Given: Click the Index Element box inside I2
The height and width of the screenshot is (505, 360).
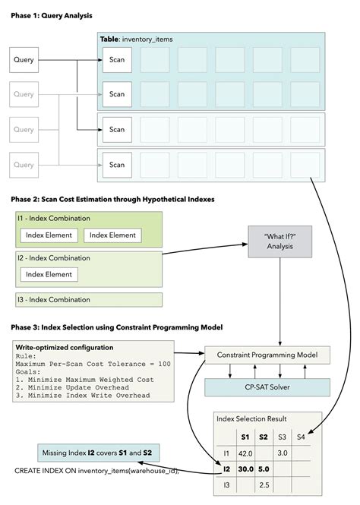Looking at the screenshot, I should click(x=48, y=273).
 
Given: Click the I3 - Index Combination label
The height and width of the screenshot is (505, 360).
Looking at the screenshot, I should click(x=53, y=299).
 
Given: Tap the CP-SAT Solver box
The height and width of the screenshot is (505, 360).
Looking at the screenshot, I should click(x=267, y=387).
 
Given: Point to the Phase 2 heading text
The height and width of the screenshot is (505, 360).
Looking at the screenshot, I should click(x=113, y=199).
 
